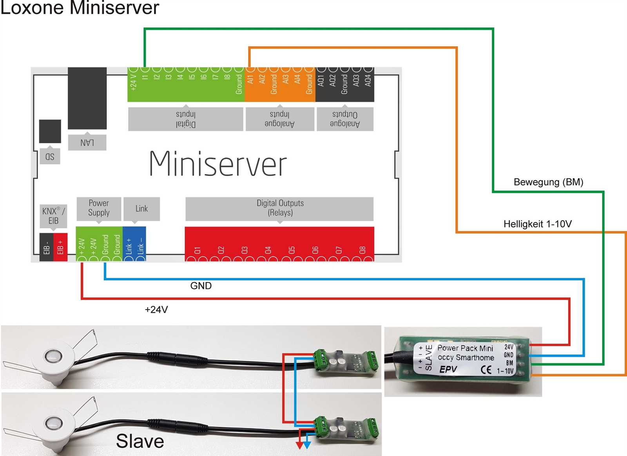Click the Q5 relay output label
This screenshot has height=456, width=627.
pos(292,250)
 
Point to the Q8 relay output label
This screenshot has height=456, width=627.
pos(362,250)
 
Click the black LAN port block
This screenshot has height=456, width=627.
pos(87,98)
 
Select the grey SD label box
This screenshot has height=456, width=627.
pos(50,156)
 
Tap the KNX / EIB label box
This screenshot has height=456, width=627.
pos(53,216)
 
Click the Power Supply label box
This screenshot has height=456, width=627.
pos(99,208)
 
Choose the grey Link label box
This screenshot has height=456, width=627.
pos(141,209)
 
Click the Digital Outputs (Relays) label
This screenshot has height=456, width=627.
pos(280,208)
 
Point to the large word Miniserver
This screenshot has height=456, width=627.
pos(218,164)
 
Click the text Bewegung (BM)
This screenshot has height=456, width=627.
pos(548,182)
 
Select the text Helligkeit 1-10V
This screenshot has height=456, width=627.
pos(537,224)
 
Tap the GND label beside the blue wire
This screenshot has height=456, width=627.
pos(201,286)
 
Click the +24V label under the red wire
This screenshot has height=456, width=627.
pos(156,310)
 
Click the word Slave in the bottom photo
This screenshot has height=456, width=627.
pos(140,441)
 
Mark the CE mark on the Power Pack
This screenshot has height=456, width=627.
pos(486,370)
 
